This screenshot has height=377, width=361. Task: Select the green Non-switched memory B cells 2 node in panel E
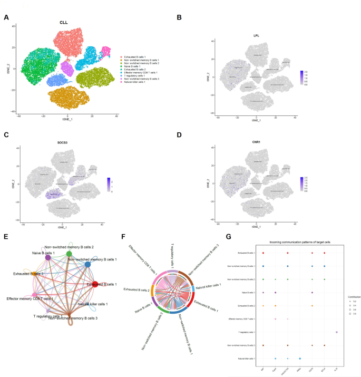[69, 254]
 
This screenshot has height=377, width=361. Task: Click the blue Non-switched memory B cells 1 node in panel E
[88, 264]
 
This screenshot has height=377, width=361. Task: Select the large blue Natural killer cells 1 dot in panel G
[300, 358]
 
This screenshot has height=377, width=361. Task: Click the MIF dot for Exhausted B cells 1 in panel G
[263, 254]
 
